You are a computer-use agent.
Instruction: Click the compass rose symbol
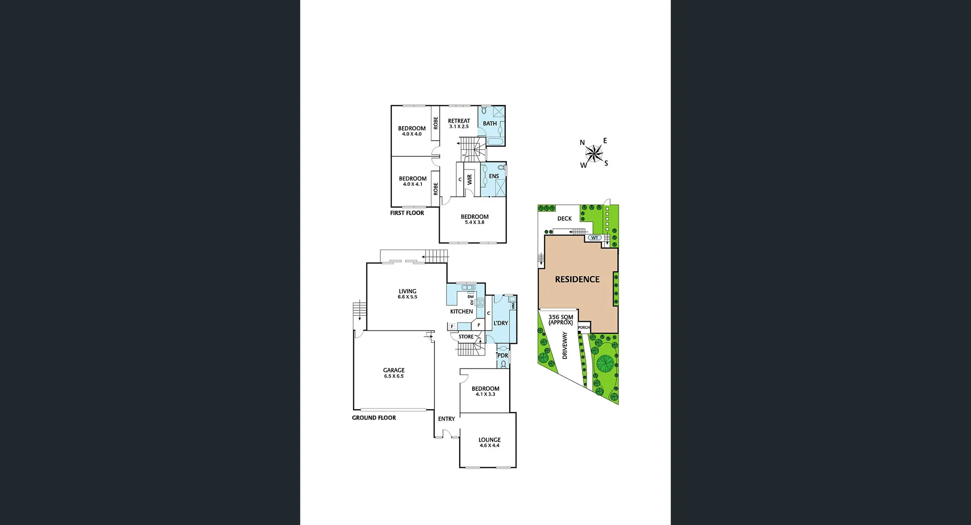(594, 152)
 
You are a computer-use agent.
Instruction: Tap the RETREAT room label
(459, 121)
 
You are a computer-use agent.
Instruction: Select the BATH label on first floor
(490, 124)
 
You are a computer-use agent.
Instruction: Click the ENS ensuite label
(494, 176)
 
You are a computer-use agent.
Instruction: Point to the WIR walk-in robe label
(470, 179)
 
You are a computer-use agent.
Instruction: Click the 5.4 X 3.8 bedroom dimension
(474, 222)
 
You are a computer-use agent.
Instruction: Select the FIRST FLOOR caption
(407, 213)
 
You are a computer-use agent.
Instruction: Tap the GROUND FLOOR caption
(374, 418)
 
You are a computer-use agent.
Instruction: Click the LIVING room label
(407, 291)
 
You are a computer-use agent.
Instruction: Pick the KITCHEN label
(461, 312)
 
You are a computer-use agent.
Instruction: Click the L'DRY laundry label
(501, 323)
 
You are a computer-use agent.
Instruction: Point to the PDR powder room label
(503, 355)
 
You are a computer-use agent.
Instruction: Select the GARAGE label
(393, 370)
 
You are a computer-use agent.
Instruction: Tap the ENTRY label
(446, 419)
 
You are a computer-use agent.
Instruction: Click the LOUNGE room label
(489, 440)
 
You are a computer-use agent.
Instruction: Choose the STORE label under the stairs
(466, 337)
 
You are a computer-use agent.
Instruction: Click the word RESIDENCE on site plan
(577, 279)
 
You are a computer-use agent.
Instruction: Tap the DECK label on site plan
(564, 219)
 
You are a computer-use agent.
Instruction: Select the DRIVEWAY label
(565, 345)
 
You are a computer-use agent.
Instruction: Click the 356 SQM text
(560, 317)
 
